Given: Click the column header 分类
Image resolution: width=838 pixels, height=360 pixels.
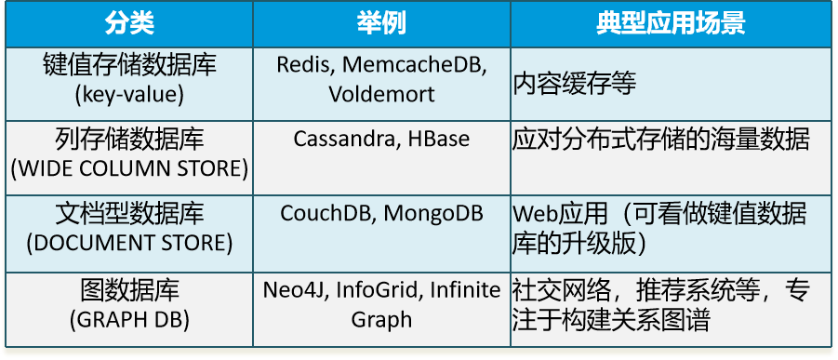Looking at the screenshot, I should pyautogui.click(x=130, y=23).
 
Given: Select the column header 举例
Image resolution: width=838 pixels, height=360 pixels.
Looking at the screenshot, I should pyautogui.click(x=381, y=23).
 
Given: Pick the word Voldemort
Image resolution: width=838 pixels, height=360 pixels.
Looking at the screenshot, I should pyautogui.click(x=381, y=94).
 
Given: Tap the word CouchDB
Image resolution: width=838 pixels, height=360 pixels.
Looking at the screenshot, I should pyautogui.click(x=326, y=213).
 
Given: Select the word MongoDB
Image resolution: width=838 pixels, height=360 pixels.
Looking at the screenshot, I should pyautogui.click(x=433, y=213).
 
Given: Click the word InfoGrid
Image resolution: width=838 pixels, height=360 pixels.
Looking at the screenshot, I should pyautogui.click(x=379, y=289).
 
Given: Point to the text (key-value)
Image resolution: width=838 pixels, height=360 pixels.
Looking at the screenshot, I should pyautogui.click(x=130, y=94).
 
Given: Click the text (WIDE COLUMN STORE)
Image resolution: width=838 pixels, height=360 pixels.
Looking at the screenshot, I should pyautogui.click(x=130, y=168).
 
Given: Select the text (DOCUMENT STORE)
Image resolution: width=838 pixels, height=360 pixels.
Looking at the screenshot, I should pyautogui.click(x=130, y=244).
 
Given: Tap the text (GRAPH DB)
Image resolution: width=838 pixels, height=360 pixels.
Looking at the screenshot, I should pyautogui.click(x=130, y=319).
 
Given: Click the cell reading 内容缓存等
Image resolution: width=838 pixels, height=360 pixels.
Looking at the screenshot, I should pyautogui.click(x=575, y=83).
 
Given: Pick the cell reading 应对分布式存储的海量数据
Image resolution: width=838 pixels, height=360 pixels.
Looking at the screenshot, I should pyautogui.click(x=661, y=140).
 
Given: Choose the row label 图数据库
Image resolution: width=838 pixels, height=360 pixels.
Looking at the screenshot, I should pyautogui.click(x=130, y=289).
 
